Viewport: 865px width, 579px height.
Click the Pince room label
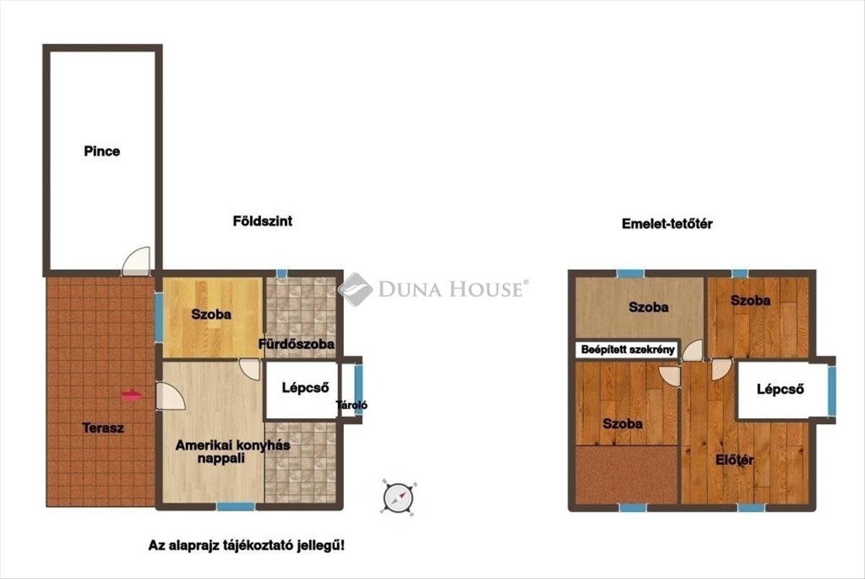102,151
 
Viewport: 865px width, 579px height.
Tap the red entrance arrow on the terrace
132,395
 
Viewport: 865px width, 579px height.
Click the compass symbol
398,498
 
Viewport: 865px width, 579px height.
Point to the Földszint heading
262,221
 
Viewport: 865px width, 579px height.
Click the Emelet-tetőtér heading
667,224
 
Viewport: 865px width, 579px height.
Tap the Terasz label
103,428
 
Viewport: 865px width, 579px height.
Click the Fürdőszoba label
296,344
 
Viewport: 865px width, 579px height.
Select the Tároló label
352,405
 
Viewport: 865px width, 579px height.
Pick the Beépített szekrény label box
628,350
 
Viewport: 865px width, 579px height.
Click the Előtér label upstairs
734,460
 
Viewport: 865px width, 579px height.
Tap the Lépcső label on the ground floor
305,387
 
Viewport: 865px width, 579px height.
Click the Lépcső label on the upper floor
780,389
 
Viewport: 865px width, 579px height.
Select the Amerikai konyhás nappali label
232,451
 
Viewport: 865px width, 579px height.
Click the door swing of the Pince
136,262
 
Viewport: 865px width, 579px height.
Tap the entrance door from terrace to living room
170,396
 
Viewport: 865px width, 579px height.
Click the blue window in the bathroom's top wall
282,273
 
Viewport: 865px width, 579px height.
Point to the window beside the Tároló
359,389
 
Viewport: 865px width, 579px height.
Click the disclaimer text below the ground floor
247,545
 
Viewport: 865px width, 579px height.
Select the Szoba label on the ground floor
211,314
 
